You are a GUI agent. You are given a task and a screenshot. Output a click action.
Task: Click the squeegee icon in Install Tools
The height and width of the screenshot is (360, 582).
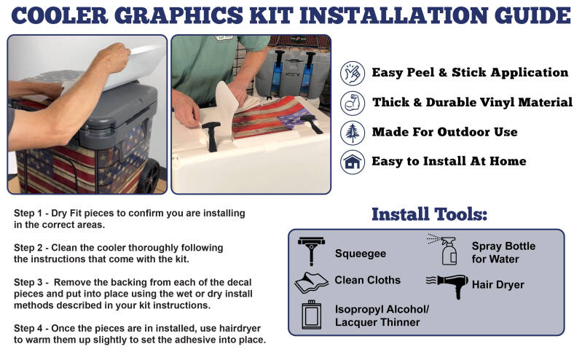point(311,251)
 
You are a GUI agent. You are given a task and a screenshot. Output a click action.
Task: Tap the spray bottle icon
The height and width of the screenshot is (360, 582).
point(444,250)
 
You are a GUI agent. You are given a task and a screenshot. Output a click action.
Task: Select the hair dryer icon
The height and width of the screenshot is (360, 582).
point(448,286)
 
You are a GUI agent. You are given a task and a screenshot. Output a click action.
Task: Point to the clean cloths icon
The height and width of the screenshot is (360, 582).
point(311,283)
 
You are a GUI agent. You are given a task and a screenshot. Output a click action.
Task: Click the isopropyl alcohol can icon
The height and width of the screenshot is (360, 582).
point(312,315)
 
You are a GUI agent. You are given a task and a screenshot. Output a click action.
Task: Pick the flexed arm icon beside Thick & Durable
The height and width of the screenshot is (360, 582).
point(353,103)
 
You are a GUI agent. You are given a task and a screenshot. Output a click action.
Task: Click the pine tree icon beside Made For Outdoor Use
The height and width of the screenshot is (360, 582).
point(353,133)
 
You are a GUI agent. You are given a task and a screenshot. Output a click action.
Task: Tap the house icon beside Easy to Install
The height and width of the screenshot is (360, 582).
point(353,163)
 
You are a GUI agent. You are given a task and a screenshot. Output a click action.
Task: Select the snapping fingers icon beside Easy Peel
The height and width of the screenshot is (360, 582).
point(353,73)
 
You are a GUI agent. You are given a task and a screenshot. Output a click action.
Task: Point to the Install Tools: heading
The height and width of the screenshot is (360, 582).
point(430,214)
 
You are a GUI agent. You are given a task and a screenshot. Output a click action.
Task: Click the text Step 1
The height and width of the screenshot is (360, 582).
point(28,214)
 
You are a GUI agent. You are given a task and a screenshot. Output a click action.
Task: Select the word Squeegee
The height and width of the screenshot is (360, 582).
point(361,254)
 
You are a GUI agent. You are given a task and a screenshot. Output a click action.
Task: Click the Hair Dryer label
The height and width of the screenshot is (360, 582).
point(498,285)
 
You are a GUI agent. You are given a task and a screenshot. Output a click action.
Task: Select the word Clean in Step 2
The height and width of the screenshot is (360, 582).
point(63,248)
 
